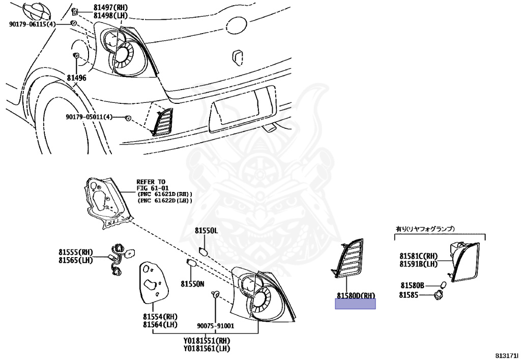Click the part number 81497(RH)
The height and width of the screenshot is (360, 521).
click(x=110, y=8)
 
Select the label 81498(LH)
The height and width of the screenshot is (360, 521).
click(x=110, y=16)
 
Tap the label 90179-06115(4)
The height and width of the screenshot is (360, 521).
click(x=32, y=24)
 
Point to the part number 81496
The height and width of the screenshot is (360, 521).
click(x=76, y=78)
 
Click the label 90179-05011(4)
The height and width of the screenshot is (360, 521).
click(x=89, y=117)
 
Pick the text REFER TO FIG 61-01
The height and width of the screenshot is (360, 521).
click(x=151, y=185)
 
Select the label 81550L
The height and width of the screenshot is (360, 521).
click(x=206, y=231)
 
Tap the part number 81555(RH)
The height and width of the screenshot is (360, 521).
click(x=75, y=252)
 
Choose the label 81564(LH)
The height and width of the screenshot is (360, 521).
click(x=160, y=324)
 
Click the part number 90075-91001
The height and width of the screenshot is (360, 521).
click(x=216, y=326)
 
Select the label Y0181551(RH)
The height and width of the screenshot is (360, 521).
click(x=207, y=340)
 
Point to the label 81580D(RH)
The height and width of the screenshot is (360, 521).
click(x=355, y=295)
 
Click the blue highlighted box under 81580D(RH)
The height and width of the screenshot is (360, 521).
click(x=355, y=304)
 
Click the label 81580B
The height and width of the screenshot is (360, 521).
click(x=412, y=286)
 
